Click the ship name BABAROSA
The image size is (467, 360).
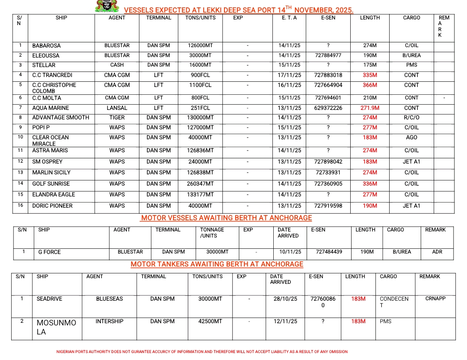click(x=46, y=45)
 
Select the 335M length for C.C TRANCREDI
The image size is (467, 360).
click(x=370, y=75)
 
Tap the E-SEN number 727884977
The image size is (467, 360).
click(x=328, y=55)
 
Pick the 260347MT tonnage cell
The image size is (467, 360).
click(x=200, y=183)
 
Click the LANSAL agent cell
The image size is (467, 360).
click(x=117, y=108)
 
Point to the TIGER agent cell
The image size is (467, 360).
click(x=117, y=117)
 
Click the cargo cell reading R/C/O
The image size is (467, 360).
click(x=412, y=117)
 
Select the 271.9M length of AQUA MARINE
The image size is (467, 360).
click(x=370, y=108)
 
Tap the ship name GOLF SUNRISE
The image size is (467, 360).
click(x=51, y=183)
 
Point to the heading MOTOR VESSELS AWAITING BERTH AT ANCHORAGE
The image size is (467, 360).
click(x=227, y=218)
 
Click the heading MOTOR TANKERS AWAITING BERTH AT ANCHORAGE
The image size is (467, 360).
click(x=217, y=264)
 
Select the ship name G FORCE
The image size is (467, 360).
click(x=49, y=252)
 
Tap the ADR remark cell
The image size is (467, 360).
click(x=437, y=252)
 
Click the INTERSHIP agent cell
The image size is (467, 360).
click(x=109, y=321)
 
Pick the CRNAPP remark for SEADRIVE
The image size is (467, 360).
click(x=435, y=299)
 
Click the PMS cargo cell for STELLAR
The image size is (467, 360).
click(x=412, y=65)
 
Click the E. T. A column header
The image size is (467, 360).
click(x=289, y=18)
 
